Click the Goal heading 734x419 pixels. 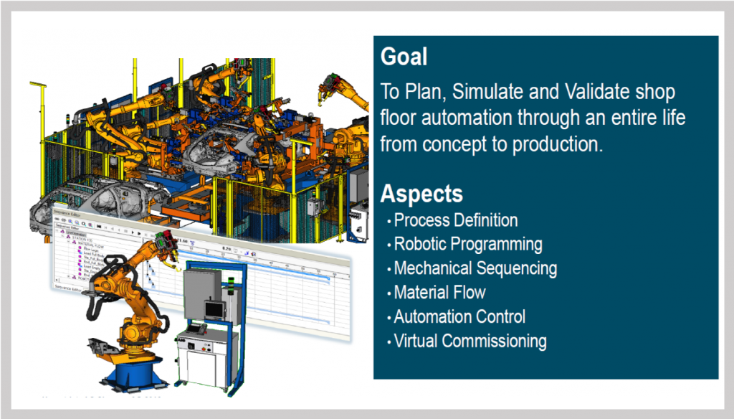click(404, 57)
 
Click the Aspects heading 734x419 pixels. click(421, 194)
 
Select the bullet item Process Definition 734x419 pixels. click(456, 220)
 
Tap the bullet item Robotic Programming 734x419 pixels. click(468, 244)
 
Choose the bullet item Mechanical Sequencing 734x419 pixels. click(475, 268)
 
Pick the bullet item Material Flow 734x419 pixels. click(439, 293)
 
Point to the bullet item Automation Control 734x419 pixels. click(459, 316)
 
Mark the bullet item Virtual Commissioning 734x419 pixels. click(470, 341)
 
